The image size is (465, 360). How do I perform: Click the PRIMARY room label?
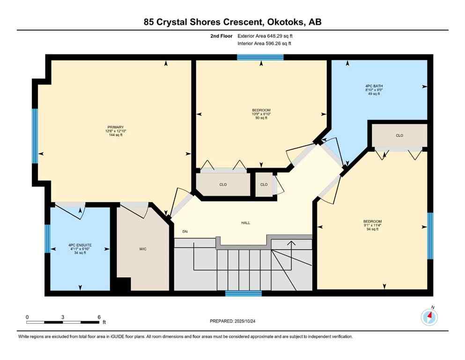(x=115, y=127)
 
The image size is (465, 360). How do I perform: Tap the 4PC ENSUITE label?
(x=79, y=245)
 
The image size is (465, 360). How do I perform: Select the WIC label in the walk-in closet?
(x=143, y=249)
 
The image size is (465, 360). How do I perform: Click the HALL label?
(x=245, y=223)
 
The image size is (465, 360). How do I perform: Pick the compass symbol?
(x=429, y=317)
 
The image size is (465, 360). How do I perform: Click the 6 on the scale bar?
(x=99, y=317)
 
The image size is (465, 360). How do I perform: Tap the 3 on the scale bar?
(x=63, y=317)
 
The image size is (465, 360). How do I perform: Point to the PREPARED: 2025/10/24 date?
(x=233, y=321)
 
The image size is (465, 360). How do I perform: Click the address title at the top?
(x=232, y=22)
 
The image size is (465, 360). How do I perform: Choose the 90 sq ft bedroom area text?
(x=261, y=118)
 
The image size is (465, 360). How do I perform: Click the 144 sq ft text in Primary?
(x=115, y=135)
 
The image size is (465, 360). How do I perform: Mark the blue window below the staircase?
(x=243, y=293)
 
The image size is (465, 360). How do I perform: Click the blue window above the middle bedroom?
(x=260, y=57)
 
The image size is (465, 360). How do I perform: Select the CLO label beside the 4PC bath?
(x=399, y=135)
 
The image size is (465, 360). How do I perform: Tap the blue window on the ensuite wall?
(x=47, y=239)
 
